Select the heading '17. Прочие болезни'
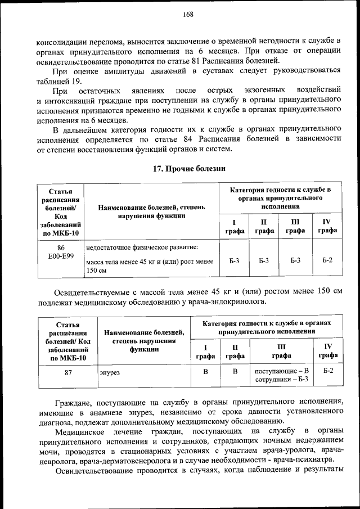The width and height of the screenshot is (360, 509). click(x=189, y=168)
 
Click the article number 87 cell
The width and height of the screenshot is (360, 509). click(x=68, y=372)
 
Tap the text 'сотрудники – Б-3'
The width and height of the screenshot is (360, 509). click(x=282, y=380)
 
